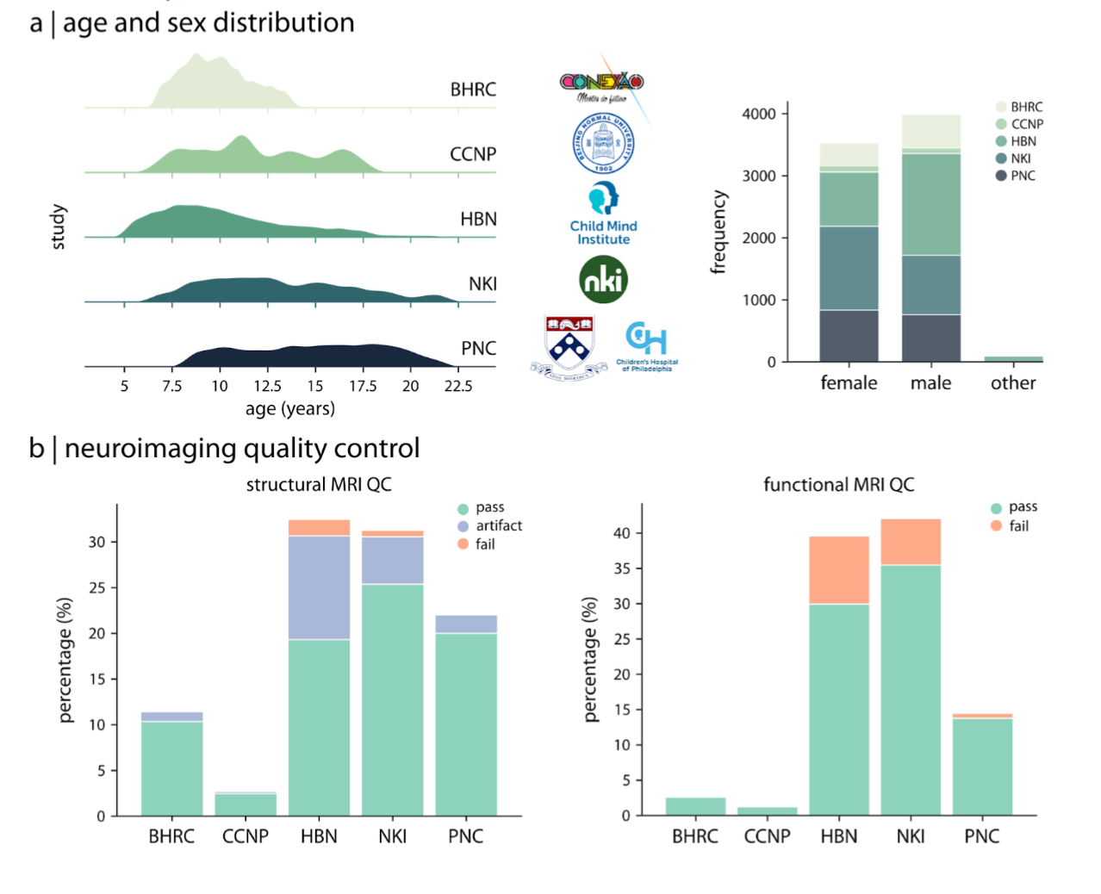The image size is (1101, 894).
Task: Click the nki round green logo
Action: pos(603,280)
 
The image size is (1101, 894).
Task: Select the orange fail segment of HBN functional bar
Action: pos(838,570)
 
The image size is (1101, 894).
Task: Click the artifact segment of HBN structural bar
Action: pos(319,587)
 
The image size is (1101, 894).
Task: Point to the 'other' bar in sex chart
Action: pos(1013,358)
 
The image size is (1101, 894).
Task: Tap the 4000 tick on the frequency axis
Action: pos(759,114)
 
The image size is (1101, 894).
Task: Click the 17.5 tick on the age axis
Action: pos(363,386)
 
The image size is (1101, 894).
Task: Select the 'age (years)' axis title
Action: pos(289,408)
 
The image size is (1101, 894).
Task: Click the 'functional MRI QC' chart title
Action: pos(838,485)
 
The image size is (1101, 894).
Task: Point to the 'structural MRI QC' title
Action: pos(319,485)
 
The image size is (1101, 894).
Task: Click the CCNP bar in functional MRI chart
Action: pos(767,810)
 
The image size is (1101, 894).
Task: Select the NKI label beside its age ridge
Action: pos(482,284)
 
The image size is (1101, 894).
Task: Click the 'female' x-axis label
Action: pos(849,383)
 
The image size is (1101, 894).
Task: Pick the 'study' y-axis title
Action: pos(59,227)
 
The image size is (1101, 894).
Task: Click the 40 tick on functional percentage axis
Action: pos(621,533)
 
